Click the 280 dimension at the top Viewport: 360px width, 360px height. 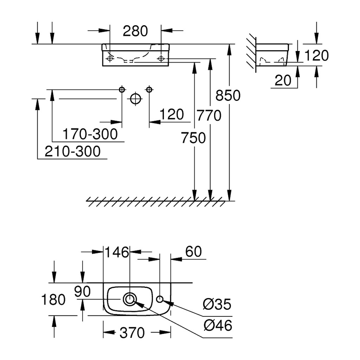click(135, 31)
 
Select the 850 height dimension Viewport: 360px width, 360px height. click(228, 95)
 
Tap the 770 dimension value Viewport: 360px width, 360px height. click(209, 115)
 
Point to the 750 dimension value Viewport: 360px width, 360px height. click(193, 138)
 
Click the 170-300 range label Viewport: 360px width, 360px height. click(90, 134)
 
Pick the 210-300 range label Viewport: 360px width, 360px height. click(72, 151)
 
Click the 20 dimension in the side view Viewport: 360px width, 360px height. click(283, 81)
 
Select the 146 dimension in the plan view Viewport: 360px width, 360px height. click(117, 252)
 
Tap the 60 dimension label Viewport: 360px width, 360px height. click(194, 251)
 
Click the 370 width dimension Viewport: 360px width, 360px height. click(132, 333)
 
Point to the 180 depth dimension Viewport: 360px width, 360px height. click(53, 300)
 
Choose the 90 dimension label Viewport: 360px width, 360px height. click(82, 291)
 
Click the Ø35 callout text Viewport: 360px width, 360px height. click(217, 304)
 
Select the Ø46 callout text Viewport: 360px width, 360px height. click(218, 325)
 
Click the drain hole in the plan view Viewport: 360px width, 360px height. click(130, 299)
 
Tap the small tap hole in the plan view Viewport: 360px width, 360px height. click(160, 299)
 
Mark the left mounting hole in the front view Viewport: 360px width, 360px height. click(110, 59)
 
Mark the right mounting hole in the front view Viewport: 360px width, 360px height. click(161, 59)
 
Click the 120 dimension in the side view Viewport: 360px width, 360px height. click(316, 56)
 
